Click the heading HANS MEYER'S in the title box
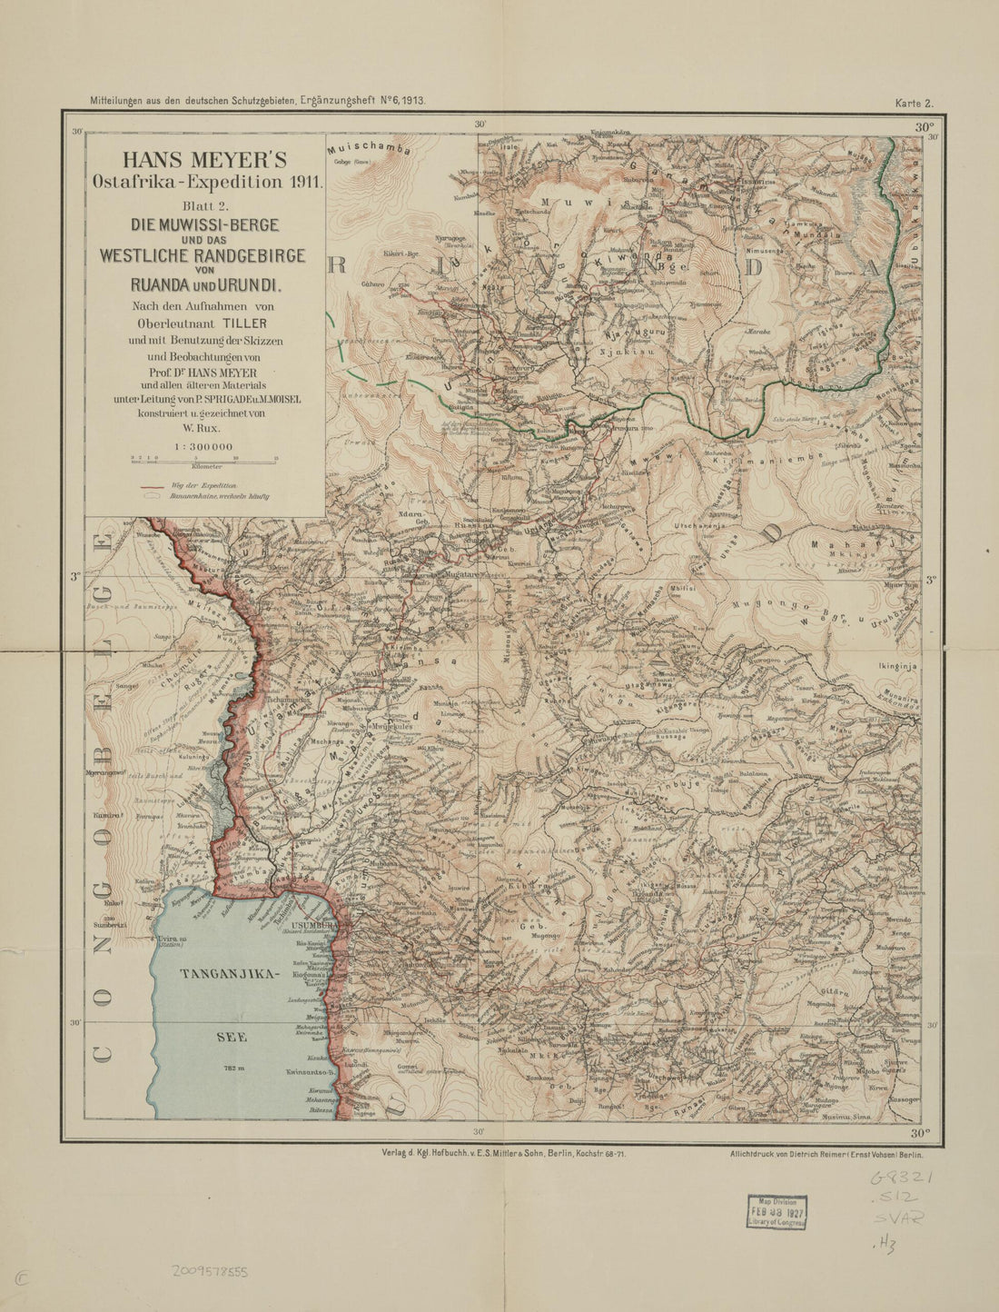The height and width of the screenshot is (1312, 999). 206,161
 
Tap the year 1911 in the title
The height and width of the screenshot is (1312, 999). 302,181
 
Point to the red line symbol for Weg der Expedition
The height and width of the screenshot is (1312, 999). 152,487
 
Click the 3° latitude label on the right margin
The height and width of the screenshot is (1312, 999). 930,580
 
